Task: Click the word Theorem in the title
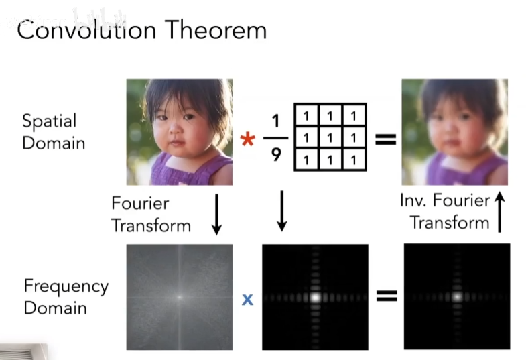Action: point(216,30)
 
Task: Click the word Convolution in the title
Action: point(86,30)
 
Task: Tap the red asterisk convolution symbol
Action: point(247,139)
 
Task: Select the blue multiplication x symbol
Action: point(247,299)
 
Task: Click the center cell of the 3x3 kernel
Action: point(330,138)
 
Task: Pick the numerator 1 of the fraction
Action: point(276,121)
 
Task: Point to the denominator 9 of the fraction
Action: point(276,155)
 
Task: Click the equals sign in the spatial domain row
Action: point(386,139)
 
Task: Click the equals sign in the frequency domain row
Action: point(387,296)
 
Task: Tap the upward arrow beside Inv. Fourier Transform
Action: point(499,212)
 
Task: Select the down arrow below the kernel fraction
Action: point(282,211)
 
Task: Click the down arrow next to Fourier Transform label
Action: point(216,215)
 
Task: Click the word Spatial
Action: point(50,121)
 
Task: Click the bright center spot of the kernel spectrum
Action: point(315,297)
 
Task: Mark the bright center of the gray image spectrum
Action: point(180,297)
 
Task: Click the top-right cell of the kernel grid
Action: point(354,116)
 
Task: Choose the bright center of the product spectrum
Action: point(457,297)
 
